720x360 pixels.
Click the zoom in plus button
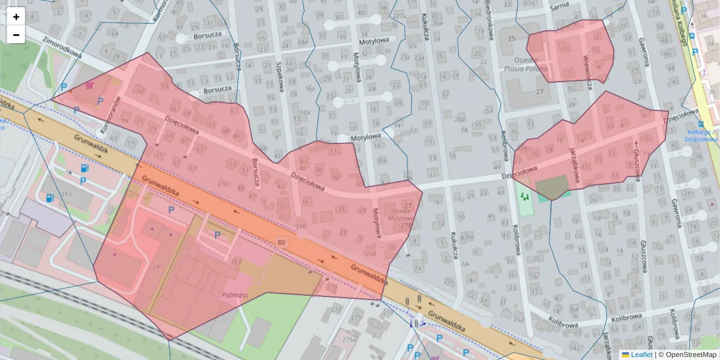16,17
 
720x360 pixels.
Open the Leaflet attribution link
641,355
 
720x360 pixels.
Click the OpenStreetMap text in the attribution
691,355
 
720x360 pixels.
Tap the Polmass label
235,295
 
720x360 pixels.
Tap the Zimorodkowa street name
63,47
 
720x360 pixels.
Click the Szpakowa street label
280,78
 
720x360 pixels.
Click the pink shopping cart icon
89,85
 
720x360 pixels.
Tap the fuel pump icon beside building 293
49,197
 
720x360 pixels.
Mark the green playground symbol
526,196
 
